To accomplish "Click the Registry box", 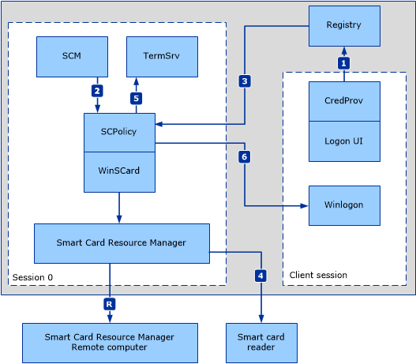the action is [344, 26].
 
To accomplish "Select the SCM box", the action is [72, 57].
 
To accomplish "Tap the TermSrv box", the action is [162, 57].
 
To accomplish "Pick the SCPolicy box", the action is [119, 133].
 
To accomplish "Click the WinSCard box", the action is [119, 172].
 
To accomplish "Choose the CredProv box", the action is [344, 101].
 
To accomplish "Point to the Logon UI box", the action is [344, 141].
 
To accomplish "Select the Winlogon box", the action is [344, 205].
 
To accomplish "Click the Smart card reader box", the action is [261, 343].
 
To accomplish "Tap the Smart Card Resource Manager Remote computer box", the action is [110, 343].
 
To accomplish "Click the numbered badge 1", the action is [344, 63].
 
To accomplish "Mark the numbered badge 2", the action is [97, 91].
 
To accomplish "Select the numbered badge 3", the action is [245, 81].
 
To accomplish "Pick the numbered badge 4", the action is [260, 276].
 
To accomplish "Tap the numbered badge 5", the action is [136, 99].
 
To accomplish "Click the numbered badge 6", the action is [245, 157].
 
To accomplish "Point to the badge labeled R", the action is [109, 304].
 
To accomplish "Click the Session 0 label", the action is [32, 277].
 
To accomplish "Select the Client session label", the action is [318, 275].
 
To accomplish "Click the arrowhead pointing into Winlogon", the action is [305, 205].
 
